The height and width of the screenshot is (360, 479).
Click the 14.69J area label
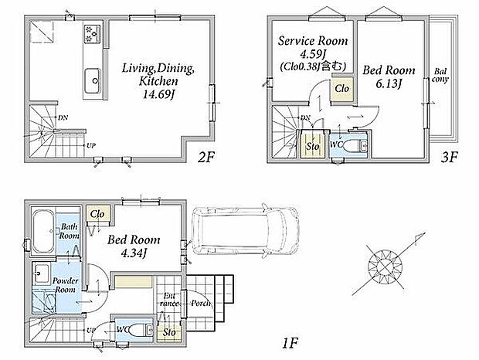pos(158,95)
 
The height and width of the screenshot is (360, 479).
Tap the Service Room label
pos(313,41)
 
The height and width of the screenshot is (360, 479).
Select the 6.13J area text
pos(389,83)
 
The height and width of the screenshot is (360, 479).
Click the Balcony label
pos(440,76)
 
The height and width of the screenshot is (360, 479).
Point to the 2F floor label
pos(206,158)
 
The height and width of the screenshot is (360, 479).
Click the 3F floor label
pos(449,158)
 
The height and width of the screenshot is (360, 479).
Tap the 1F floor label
pos(290,344)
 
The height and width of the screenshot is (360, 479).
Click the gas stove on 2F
pos(92,33)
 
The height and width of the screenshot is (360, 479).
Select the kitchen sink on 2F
pos(92,81)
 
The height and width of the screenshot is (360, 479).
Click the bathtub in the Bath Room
pos(43,231)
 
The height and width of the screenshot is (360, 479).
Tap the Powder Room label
pos(65,285)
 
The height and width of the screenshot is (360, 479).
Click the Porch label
pos(201,303)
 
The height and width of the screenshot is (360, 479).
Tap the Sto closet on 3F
pos(313,144)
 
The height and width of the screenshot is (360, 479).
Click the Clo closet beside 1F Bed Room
pos(98,214)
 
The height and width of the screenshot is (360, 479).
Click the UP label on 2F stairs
pos(91,146)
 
